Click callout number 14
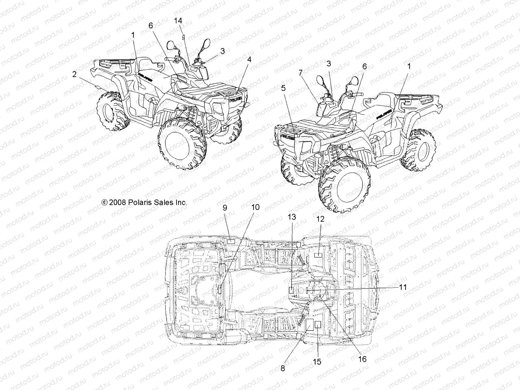[x=178, y=21]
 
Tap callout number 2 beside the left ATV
[x=74, y=74]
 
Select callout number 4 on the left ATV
[x=249, y=59]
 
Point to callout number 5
[x=283, y=87]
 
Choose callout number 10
[x=256, y=207]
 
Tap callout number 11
[x=403, y=287]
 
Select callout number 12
[x=320, y=219]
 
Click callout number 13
[x=292, y=217]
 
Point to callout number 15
[x=317, y=362]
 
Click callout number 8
[x=282, y=368]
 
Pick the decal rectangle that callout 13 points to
[x=292, y=290]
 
